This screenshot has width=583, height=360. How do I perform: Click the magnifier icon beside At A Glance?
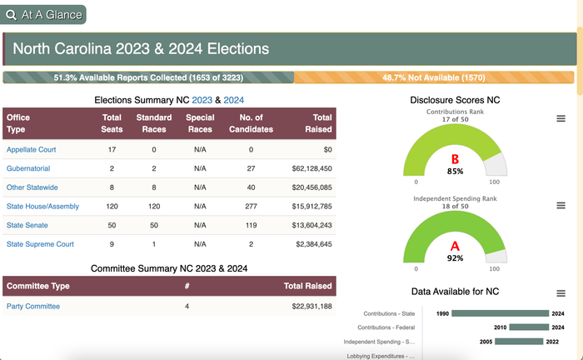coord(11,15)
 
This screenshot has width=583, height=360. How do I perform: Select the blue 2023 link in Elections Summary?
coord(202,100)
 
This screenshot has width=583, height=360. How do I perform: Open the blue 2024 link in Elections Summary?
coord(233,100)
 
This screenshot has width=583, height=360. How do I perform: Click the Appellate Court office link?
coord(32,149)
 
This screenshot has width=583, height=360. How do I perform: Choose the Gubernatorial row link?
coord(28,168)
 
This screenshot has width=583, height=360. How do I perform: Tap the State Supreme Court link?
coord(40,244)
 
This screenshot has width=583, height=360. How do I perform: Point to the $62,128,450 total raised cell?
coord(311,168)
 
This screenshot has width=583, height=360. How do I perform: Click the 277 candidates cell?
coord(251,207)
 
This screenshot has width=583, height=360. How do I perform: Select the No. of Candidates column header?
coord(251,123)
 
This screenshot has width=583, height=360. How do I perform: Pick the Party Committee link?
coord(33,307)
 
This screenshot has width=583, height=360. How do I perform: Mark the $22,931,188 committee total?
coord(311,307)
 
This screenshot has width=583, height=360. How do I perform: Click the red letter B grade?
coord(455,159)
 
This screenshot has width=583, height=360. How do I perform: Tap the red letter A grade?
coord(455,246)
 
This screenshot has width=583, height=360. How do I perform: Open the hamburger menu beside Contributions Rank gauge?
coord(561,118)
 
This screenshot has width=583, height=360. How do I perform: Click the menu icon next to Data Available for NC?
coord(561,293)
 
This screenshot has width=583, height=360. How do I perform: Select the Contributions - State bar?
coord(500,313)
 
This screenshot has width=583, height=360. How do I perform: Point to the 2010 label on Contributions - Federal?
coord(500,327)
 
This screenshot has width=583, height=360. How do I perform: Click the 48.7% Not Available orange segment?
coord(434,77)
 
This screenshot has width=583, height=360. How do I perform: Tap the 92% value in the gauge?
coord(455,258)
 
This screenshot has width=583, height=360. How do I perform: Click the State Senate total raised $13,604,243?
coord(311,225)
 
